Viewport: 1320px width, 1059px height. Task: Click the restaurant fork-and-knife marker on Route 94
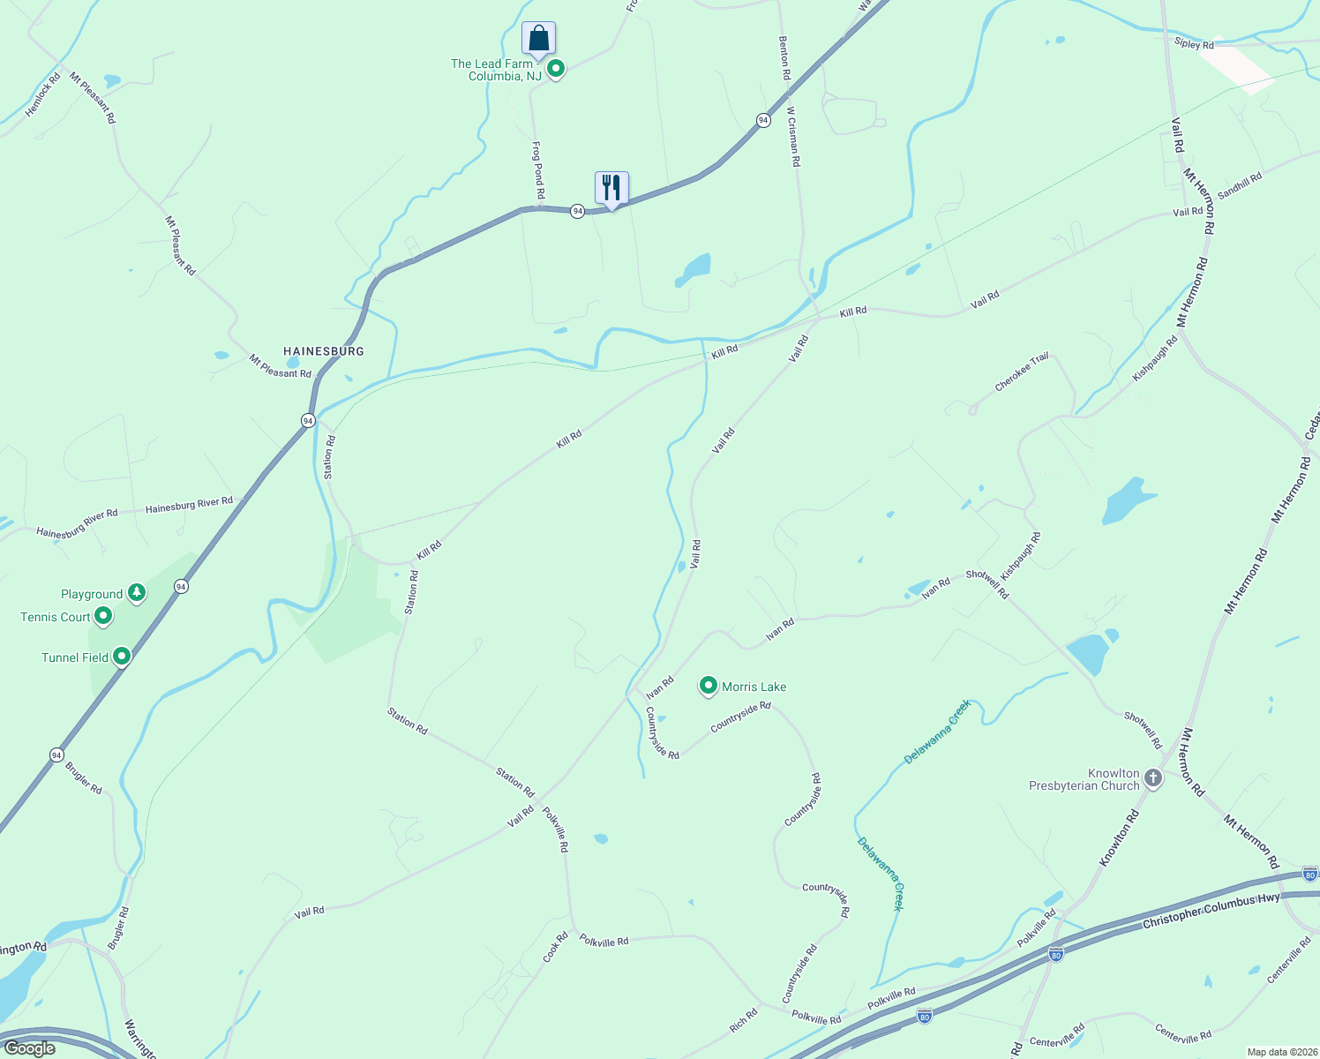tap(611, 188)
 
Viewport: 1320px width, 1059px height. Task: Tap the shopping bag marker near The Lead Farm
tap(538, 39)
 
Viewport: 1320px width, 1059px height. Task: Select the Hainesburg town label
tap(324, 351)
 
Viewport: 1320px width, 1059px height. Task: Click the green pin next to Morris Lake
tap(708, 686)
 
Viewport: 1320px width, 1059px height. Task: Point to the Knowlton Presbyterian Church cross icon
tap(1152, 778)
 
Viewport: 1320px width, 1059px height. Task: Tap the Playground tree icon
tap(136, 593)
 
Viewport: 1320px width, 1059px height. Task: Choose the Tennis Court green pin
tap(103, 616)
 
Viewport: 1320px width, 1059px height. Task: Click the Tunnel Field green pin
tap(122, 657)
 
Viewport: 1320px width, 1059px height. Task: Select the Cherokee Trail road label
tap(1022, 372)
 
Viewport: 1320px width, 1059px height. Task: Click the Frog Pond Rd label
tap(538, 169)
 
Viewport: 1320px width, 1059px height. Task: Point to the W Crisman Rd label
tap(793, 137)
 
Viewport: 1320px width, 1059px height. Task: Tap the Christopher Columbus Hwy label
tap(1211, 911)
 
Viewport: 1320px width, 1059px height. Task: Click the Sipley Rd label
tap(1194, 44)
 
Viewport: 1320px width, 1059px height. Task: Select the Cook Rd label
tap(555, 947)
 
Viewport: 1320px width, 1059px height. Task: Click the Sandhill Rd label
tap(1240, 185)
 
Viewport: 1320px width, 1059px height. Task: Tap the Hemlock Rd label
tap(43, 94)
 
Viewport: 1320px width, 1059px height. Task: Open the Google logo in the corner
tap(29, 1048)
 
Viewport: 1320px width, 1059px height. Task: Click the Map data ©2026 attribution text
tap(1280, 1052)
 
